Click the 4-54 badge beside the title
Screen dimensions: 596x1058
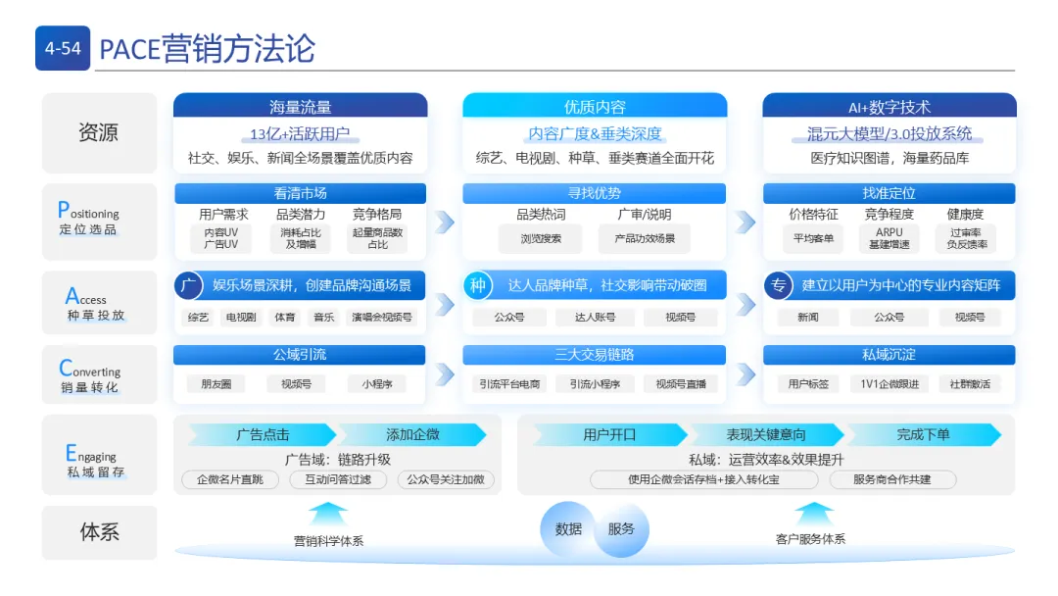pyautogui.click(x=63, y=48)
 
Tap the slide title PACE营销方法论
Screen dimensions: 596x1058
pyautogui.click(x=207, y=48)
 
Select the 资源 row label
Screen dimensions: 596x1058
pyautogui.click(x=99, y=133)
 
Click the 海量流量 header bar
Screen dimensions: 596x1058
pyautogui.click(x=300, y=107)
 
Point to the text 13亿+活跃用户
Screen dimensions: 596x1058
pyautogui.click(x=300, y=134)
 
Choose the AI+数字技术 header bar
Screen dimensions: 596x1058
pyautogui.click(x=889, y=107)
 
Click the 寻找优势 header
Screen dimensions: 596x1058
pyautogui.click(x=594, y=193)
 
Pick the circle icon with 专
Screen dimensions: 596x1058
pyautogui.click(x=779, y=285)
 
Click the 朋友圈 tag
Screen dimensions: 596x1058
pyautogui.click(x=216, y=384)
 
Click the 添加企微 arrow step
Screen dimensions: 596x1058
pyautogui.click(x=412, y=434)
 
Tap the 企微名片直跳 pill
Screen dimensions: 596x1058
pyautogui.click(x=230, y=479)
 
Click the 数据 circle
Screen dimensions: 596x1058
pyautogui.click(x=568, y=529)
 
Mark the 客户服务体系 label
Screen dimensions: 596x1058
pyautogui.click(x=810, y=539)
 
